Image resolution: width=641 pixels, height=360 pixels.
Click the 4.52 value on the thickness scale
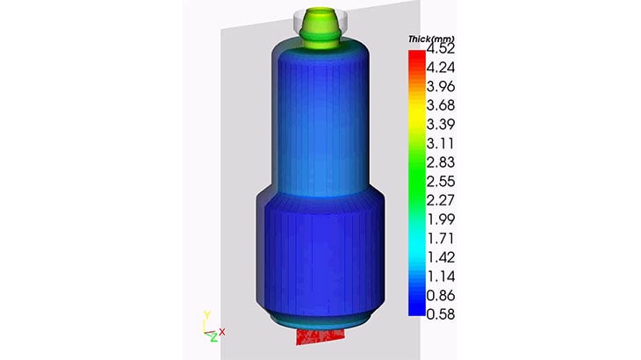pyautogui.click(x=440, y=48)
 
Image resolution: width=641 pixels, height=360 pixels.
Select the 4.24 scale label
pyautogui.click(x=440, y=68)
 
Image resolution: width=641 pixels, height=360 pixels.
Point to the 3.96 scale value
pyautogui.click(x=440, y=87)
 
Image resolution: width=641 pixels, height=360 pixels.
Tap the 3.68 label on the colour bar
pyautogui.click(x=440, y=105)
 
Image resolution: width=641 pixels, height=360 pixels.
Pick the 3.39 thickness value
pyautogui.click(x=440, y=124)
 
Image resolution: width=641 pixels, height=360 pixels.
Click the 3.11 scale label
pyautogui.click(x=440, y=143)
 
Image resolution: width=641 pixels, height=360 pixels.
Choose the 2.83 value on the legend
pyautogui.click(x=440, y=162)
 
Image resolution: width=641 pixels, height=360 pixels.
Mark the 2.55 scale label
pyautogui.click(x=440, y=182)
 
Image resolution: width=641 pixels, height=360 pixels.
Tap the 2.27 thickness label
pyautogui.click(x=440, y=200)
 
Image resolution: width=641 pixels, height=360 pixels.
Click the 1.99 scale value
pyautogui.click(x=440, y=220)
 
